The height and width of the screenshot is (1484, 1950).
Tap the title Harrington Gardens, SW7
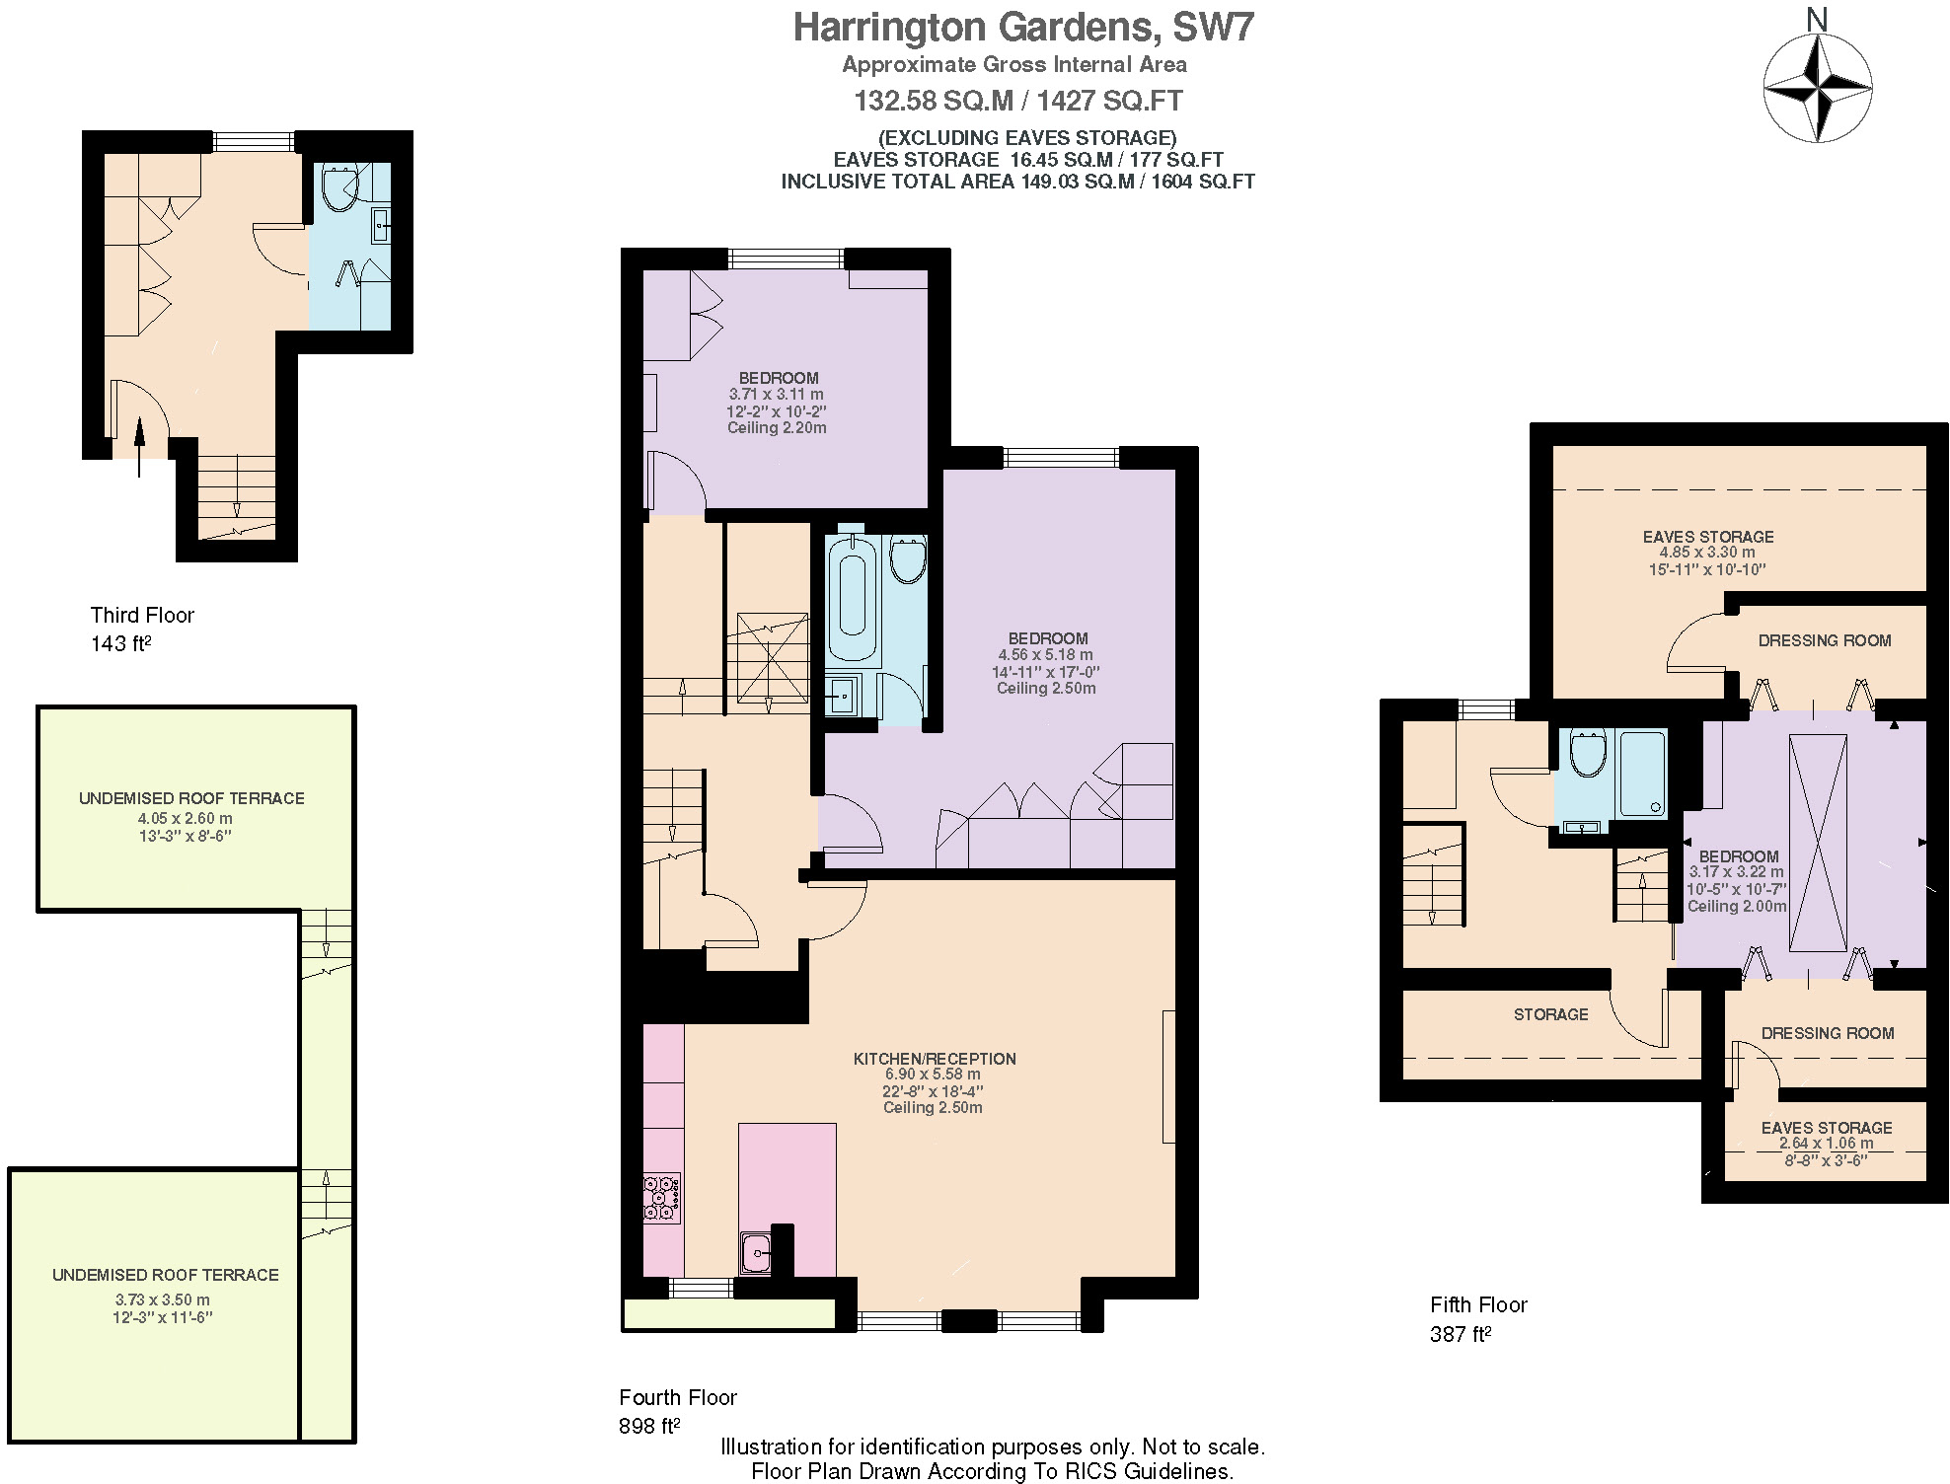(1023, 28)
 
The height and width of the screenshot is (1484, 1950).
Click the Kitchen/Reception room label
(934, 1059)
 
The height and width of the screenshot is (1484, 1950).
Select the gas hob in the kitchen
(662, 1198)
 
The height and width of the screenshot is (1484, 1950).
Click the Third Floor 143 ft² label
(141, 629)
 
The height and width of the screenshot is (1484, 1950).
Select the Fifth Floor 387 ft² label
(1477, 1318)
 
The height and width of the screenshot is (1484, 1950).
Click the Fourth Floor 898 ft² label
(677, 1411)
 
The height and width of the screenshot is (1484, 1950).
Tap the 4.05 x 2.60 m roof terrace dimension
(186, 818)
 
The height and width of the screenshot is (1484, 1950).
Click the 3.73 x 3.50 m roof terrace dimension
(163, 1299)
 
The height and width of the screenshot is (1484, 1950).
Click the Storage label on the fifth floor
(1550, 1014)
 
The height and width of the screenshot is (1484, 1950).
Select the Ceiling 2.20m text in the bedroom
(777, 428)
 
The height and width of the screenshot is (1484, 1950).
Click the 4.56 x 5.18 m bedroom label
(1046, 654)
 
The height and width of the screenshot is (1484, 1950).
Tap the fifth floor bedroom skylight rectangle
(1817, 843)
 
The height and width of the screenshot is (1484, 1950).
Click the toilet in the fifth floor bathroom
(1588, 755)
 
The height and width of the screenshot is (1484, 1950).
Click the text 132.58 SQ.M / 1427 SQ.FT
(1017, 101)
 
